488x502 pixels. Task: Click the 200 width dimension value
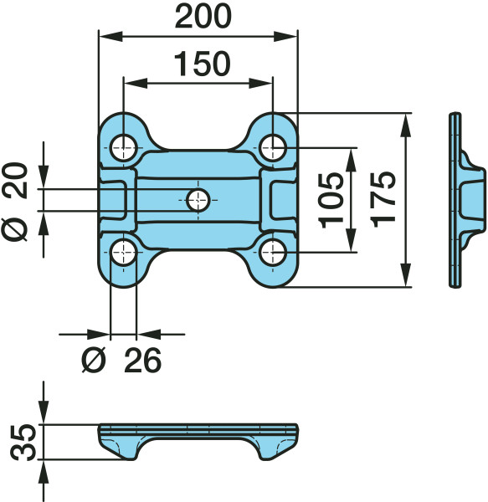tap(203, 17)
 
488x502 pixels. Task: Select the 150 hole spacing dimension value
tap(203, 64)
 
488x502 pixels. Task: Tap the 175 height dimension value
tap(384, 199)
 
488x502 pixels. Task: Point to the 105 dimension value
tap(331, 200)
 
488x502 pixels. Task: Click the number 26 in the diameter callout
tap(142, 361)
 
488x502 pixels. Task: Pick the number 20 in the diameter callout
tap(15, 180)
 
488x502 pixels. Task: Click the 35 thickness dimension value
tap(22, 442)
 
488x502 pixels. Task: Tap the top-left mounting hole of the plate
tap(124, 148)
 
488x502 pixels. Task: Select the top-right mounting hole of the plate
tap(273, 148)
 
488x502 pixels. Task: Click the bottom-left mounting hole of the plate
tap(124, 253)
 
